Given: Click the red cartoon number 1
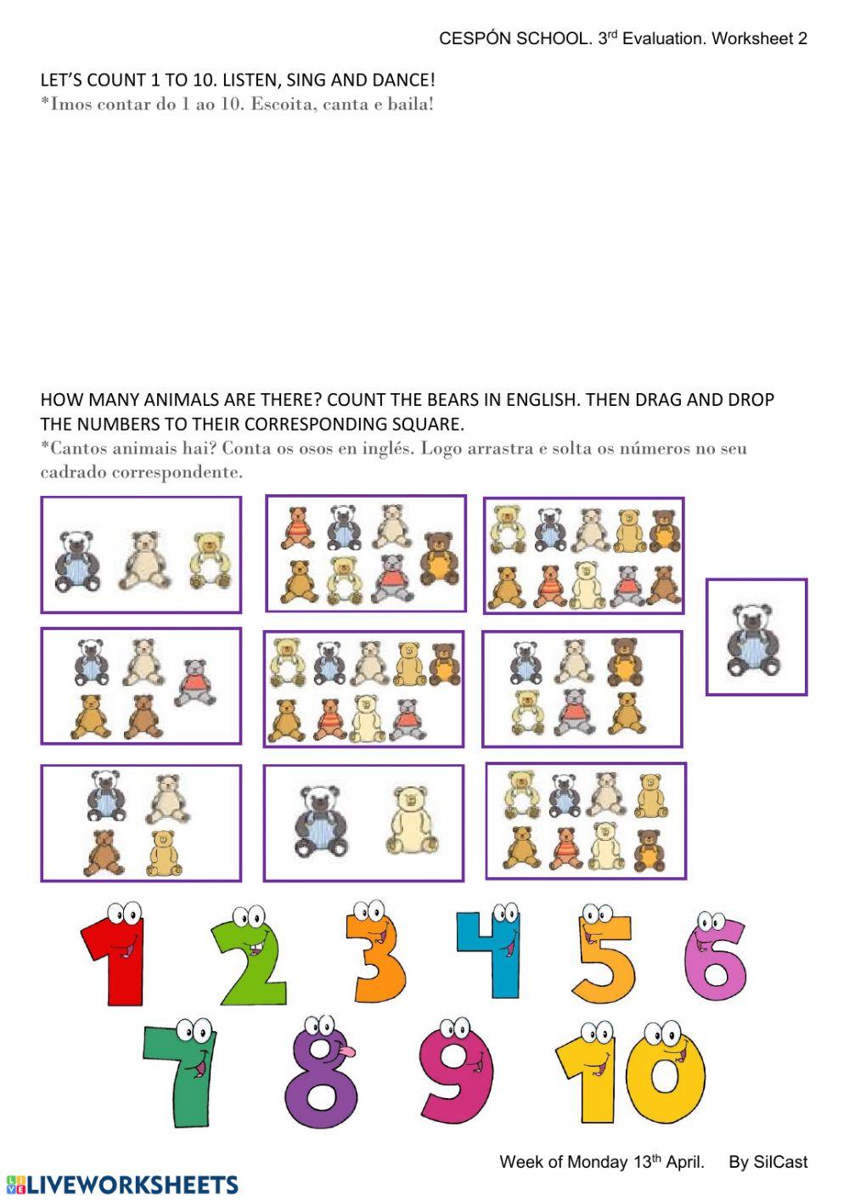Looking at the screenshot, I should pos(116,955).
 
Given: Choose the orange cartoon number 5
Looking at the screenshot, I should pos(604,955).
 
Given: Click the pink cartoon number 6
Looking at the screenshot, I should pos(716,957).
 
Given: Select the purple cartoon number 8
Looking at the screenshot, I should pos(321,1074).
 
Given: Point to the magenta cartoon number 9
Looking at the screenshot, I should pos(457,1072).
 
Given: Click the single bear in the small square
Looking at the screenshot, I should pos(755,639).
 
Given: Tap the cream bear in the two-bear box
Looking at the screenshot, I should pos(413,820).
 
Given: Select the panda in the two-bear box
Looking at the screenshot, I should pos(320,820).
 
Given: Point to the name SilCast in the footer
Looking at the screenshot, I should pos(779,1162).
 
